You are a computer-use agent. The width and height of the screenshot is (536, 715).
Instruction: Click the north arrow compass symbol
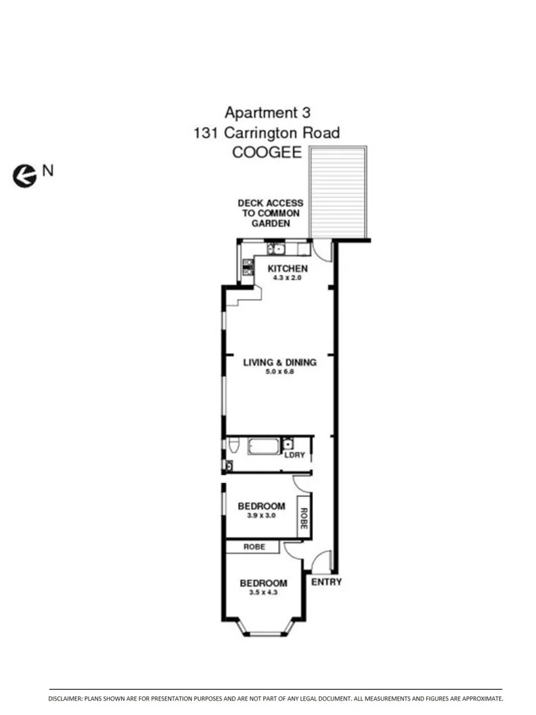(24, 175)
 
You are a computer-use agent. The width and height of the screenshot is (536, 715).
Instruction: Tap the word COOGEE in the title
(266, 152)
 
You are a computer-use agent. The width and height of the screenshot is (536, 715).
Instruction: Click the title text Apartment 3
(267, 112)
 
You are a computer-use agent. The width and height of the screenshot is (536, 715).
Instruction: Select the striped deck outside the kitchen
(338, 193)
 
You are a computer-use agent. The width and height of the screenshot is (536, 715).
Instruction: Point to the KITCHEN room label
(287, 269)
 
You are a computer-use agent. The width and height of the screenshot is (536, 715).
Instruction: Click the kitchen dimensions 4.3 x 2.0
(287, 278)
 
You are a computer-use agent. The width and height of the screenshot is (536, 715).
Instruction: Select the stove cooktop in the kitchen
(247, 267)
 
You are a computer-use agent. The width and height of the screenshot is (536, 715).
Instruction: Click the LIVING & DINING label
(279, 362)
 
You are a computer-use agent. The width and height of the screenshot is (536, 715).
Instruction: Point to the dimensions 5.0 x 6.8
(279, 372)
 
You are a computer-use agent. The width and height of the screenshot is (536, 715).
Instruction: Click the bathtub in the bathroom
(264, 446)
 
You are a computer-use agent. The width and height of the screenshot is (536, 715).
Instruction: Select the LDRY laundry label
(294, 455)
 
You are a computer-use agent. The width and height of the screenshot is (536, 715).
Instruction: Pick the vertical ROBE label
(304, 517)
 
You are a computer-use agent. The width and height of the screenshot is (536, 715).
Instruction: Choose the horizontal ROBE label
(254, 548)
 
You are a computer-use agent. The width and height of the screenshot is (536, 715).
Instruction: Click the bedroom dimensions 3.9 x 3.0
(261, 516)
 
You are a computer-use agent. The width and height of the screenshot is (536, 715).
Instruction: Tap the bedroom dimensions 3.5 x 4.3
(263, 593)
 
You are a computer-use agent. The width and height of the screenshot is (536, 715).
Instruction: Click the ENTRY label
(326, 582)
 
